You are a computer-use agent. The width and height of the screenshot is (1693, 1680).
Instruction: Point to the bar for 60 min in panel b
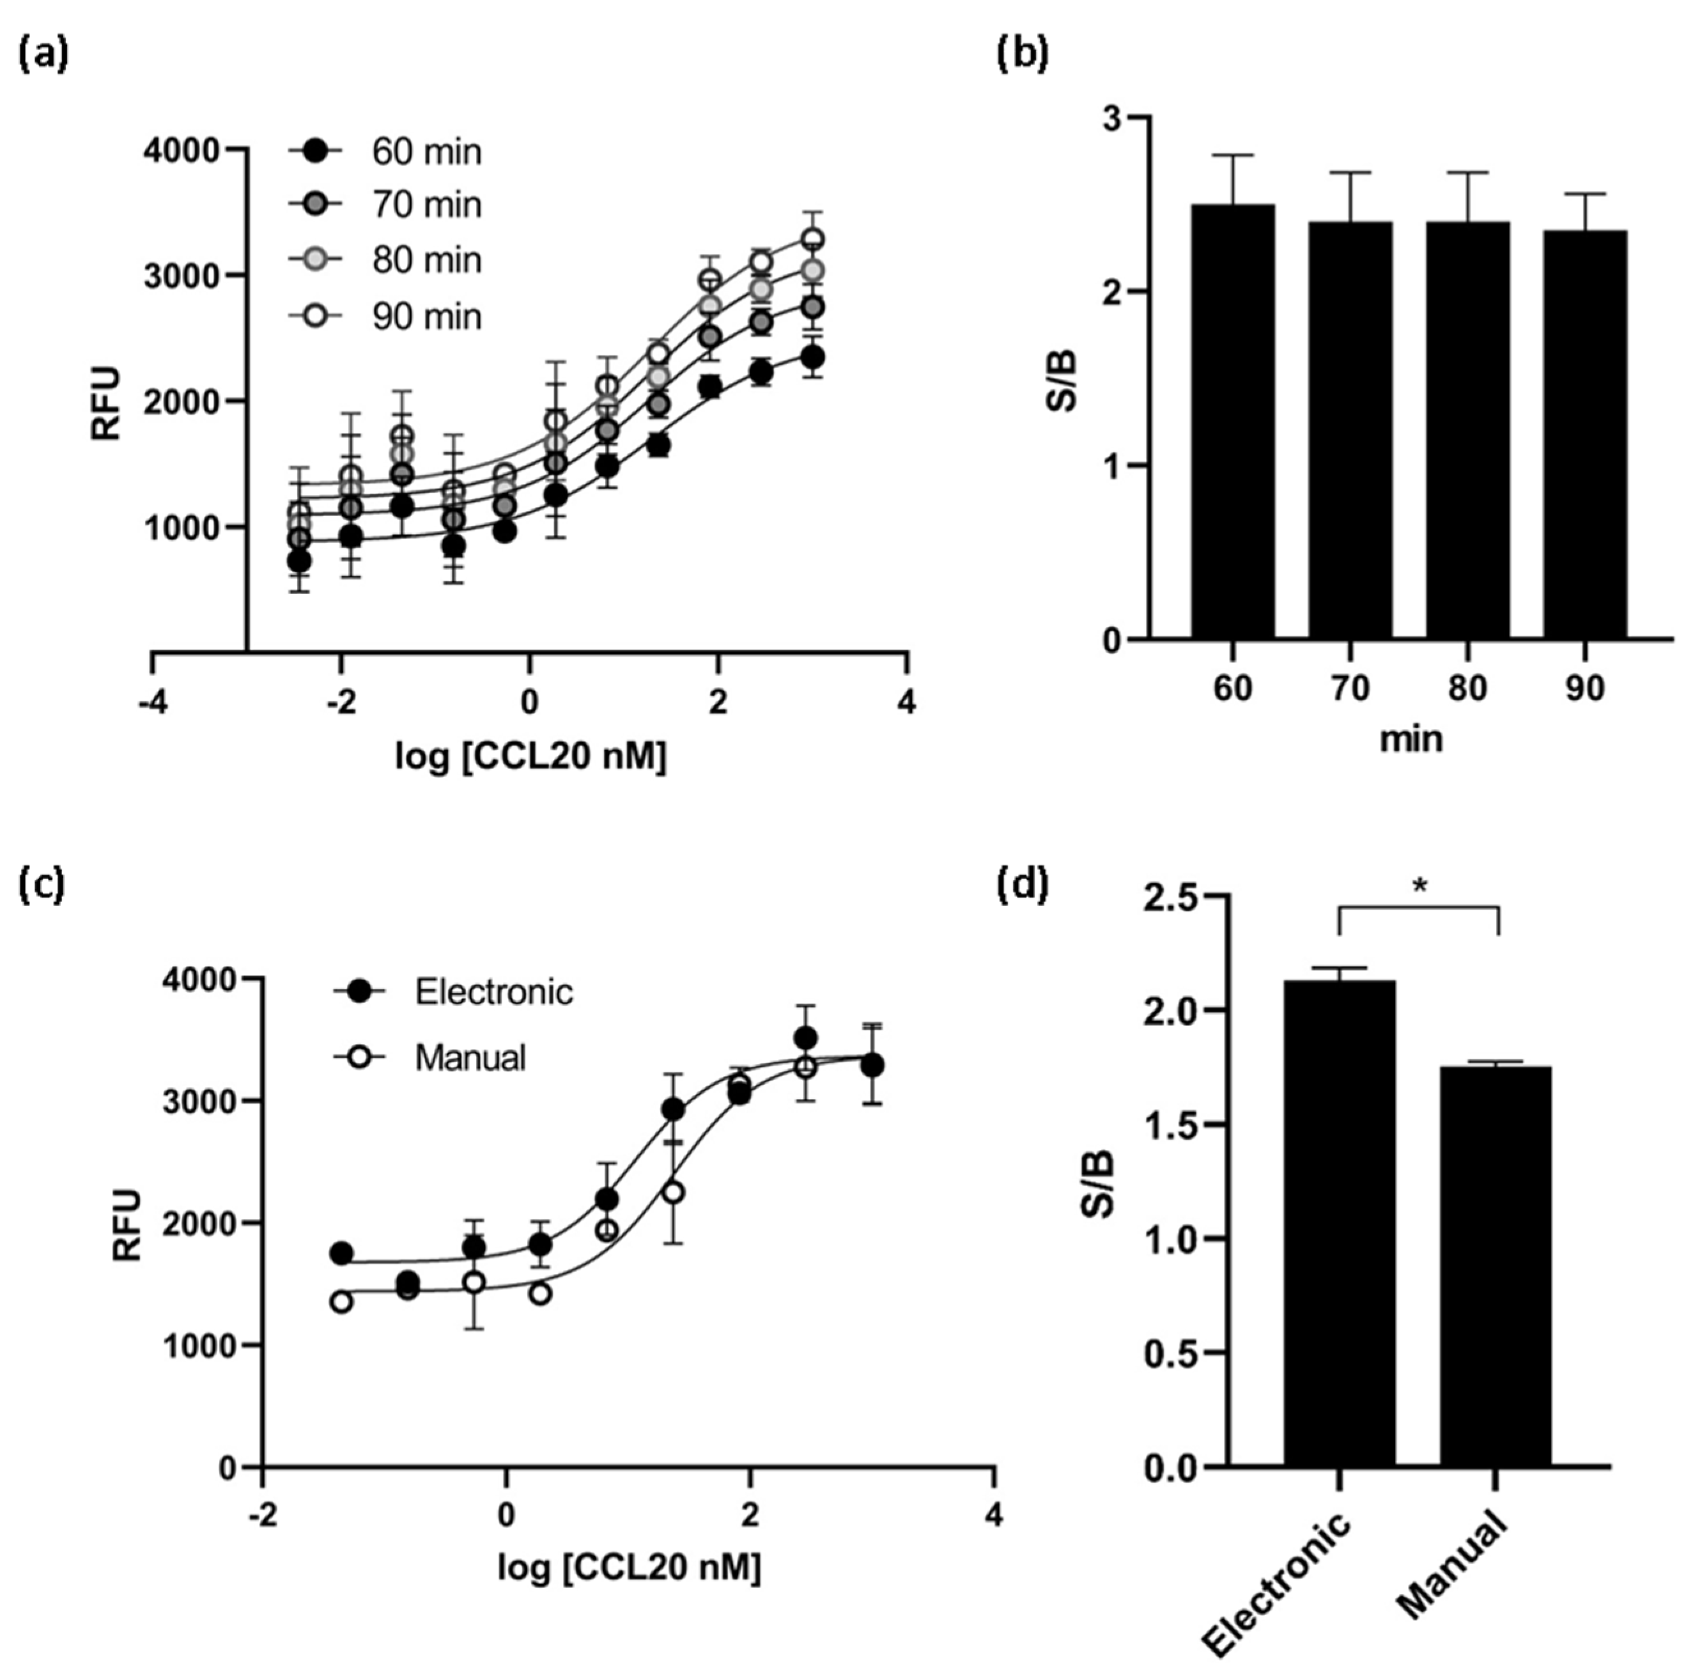pos(1232,421)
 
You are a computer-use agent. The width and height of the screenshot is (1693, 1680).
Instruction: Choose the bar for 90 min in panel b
pos(1584,434)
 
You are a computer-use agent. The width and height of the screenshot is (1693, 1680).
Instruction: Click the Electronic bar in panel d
pos(1339,1222)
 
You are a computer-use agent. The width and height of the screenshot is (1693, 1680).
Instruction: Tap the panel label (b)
pos(1023,54)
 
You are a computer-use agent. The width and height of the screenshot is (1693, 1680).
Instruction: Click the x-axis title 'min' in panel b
pos(1411,739)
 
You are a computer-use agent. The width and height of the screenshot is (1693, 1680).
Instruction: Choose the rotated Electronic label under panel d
pos(1278,1586)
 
